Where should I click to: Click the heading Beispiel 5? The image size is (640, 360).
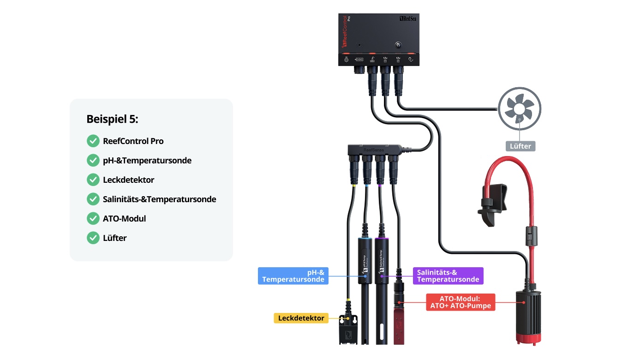pyautogui.click(x=112, y=119)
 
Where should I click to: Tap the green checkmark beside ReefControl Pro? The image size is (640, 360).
pyautogui.click(x=93, y=141)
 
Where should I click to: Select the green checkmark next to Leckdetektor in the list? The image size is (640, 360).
pyautogui.click(x=93, y=180)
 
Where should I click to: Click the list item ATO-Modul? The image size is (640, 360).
pyautogui.click(x=124, y=219)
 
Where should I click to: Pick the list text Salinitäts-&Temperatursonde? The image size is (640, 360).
pyautogui.click(x=159, y=199)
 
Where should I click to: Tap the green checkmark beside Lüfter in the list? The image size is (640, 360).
pyautogui.click(x=93, y=238)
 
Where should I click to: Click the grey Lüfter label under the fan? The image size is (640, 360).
pyautogui.click(x=520, y=146)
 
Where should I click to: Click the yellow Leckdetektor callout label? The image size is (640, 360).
pyautogui.click(x=301, y=318)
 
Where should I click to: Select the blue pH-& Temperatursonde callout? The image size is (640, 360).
pyautogui.click(x=293, y=276)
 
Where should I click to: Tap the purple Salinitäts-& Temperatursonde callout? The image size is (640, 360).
pyautogui.click(x=448, y=276)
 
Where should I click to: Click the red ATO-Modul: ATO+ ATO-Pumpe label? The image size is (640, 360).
pyautogui.click(x=460, y=302)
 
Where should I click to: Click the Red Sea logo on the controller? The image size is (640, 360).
pyautogui.click(x=408, y=19)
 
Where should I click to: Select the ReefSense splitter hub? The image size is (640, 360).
pyautogui.click(x=374, y=150)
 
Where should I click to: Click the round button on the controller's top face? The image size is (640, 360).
pyautogui.click(x=398, y=45)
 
